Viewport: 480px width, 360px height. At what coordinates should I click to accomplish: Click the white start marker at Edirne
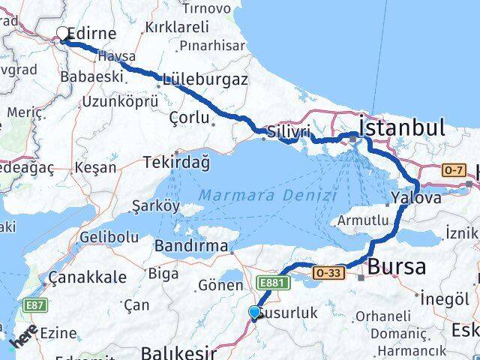62,33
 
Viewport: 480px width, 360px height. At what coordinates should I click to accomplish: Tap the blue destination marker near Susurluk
255,313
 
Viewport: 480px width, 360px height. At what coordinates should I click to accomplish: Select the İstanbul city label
403,127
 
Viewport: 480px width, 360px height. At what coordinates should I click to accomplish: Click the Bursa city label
397,266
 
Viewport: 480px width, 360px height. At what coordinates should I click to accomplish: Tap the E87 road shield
34,305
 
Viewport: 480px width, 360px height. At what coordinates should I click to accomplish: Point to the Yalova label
415,199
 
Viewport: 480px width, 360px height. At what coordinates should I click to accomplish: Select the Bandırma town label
190,246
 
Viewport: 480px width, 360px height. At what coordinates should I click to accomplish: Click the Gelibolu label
109,237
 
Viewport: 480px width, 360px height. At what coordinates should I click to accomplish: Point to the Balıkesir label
180,352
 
